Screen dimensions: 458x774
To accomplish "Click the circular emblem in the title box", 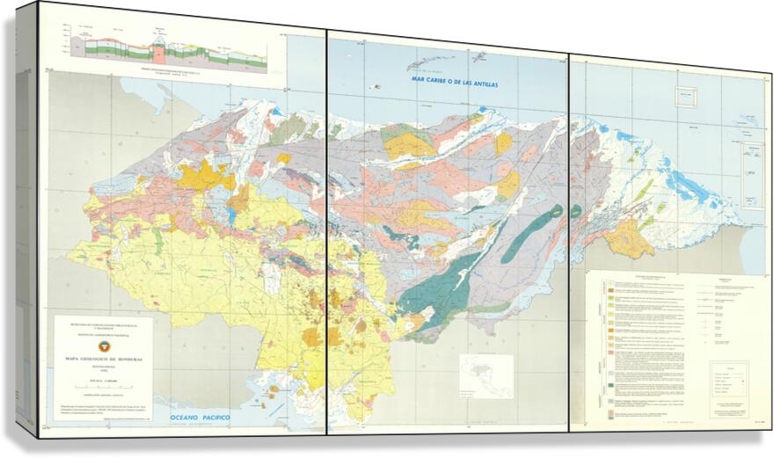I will (103, 346).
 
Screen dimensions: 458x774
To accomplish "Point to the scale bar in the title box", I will (102, 387).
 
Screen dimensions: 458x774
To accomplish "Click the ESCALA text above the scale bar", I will (103, 379).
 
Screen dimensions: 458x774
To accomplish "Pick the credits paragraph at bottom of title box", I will (103, 402).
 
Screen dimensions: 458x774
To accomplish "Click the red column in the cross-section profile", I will (158, 48).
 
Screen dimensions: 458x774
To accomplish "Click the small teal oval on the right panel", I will (576, 211).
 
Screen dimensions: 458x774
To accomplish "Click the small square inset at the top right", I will (686, 97).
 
